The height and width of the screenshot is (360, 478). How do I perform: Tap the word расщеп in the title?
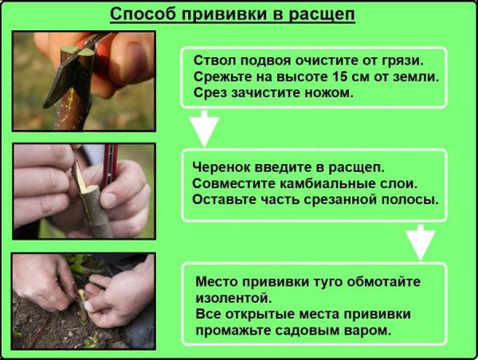333,15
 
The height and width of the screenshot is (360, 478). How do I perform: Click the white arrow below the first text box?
206,128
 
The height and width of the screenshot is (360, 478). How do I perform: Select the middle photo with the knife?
84,190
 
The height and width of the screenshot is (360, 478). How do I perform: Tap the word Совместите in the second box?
232,183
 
